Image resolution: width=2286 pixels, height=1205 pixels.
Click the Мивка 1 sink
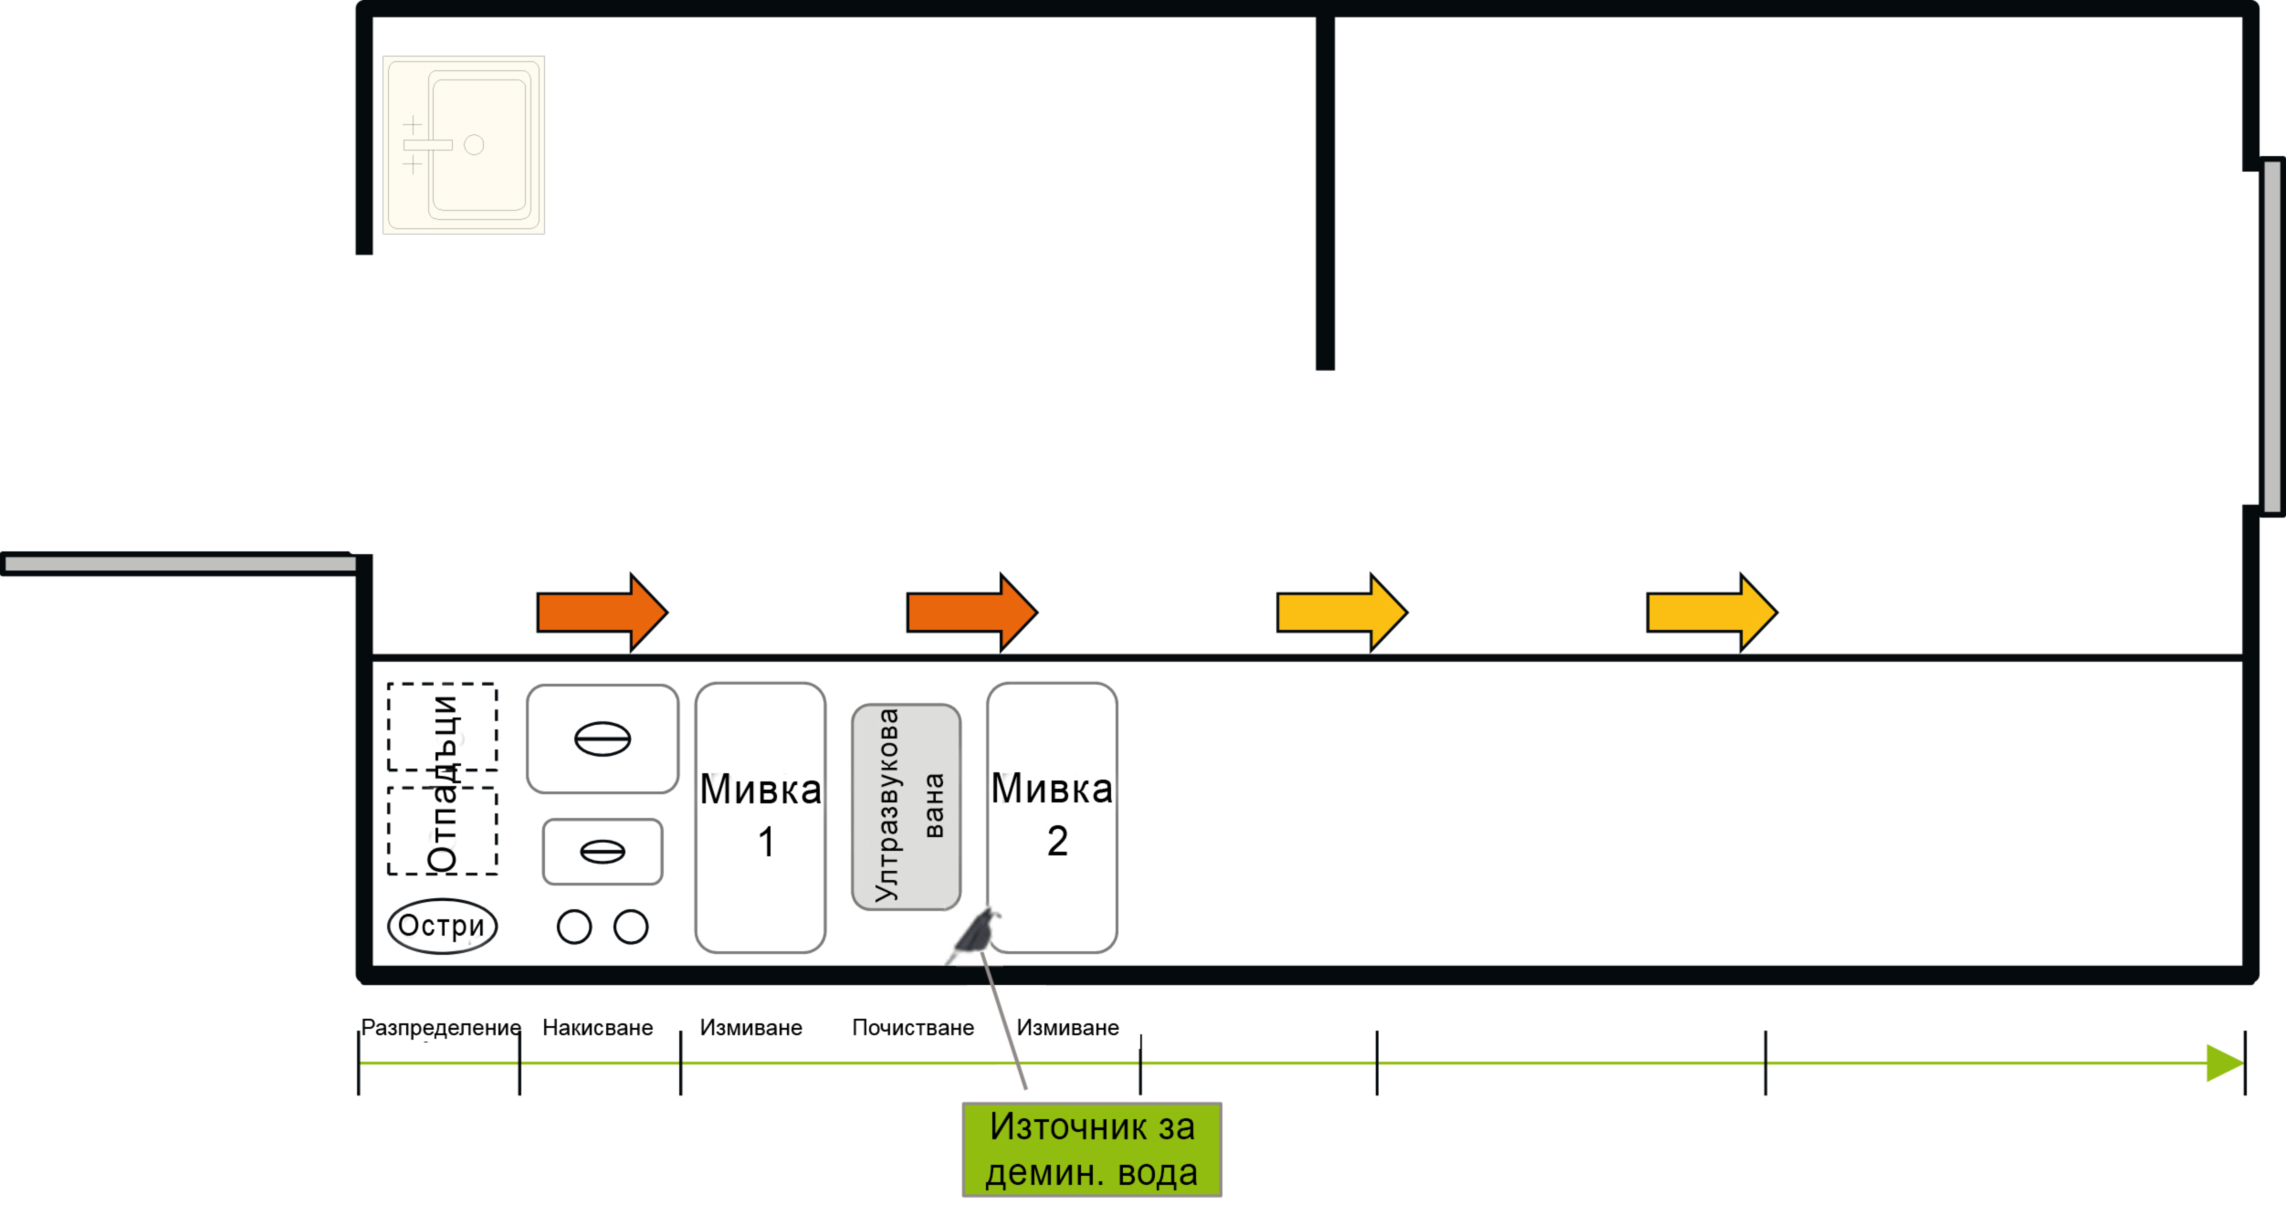760,817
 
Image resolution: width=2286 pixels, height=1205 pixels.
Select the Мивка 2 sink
1052,817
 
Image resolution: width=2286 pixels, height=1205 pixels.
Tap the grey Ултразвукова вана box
906,807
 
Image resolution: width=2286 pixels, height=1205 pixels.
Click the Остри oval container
442,926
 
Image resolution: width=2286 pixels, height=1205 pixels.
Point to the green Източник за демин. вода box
1092,1149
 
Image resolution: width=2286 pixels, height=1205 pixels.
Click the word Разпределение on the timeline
440,1028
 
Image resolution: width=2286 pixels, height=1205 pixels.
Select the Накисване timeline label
597,1028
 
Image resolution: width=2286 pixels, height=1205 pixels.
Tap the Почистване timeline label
912,1028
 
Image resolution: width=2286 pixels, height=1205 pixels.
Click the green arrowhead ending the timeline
2224,1063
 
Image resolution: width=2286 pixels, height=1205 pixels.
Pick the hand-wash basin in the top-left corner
464,145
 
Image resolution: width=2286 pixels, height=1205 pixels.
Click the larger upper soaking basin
603,739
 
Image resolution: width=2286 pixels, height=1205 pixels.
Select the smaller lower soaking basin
603,852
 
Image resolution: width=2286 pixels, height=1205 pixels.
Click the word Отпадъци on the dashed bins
444,783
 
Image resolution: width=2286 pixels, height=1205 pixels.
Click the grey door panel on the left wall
178,564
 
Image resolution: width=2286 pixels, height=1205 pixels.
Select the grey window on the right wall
2272,336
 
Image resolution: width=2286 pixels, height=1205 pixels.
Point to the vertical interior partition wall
1325,192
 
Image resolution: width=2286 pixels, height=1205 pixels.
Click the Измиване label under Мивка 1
750,1028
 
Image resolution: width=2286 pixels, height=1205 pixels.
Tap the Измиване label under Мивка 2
1067,1028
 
